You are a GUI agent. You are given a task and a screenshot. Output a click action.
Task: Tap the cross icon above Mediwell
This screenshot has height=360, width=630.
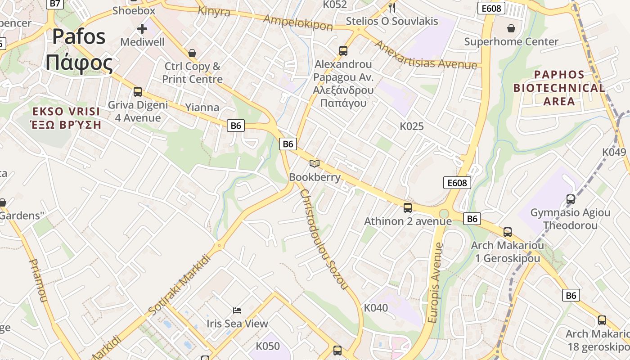(x=142, y=29)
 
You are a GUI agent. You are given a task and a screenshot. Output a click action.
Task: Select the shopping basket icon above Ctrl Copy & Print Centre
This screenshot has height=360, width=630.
(x=192, y=53)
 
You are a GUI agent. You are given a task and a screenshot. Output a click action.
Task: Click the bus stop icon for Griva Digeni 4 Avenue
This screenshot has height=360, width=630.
(x=138, y=92)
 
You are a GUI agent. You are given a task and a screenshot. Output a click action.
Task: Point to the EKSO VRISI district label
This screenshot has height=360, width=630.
(x=66, y=118)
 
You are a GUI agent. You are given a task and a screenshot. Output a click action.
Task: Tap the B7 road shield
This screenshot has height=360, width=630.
(x=54, y=4)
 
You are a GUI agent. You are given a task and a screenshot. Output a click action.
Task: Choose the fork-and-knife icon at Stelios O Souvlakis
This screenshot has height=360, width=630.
(x=392, y=7)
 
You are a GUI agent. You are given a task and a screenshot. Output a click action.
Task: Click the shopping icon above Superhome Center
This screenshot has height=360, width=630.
(x=511, y=28)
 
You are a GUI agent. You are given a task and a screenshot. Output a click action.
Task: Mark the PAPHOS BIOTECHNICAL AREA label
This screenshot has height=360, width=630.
(x=559, y=88)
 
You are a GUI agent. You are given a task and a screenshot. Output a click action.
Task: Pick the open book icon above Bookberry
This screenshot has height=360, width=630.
(x=315, y=163)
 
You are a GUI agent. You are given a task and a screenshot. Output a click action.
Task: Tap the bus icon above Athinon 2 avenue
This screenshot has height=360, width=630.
(x=408, y=207)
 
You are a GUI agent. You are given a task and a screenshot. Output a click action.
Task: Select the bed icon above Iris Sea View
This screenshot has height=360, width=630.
(x=237, y=310)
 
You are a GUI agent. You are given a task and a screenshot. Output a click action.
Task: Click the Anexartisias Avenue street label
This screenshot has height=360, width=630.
(x=425, y=55)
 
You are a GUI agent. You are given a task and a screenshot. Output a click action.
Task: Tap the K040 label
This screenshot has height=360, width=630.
(x=376, y=308)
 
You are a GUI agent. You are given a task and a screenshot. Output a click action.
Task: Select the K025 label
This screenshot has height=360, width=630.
(x=412, y=126)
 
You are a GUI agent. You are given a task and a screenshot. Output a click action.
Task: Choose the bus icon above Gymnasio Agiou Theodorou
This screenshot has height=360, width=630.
(x=571, y=199)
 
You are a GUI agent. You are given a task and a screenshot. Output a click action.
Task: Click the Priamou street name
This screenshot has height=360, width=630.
(x=38, y=280)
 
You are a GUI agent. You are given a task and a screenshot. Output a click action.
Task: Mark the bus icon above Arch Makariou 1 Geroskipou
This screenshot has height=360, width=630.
(x=508, y=232)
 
